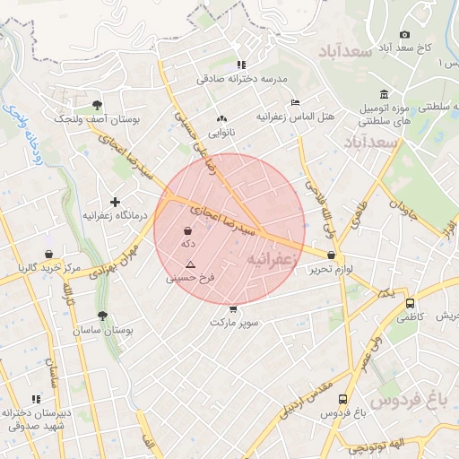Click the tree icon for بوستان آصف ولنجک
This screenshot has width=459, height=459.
[x=97, y=104]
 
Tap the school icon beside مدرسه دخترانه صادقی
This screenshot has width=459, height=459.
[x=241, y=65]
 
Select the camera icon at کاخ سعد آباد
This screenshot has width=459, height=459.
[x=405, y=34]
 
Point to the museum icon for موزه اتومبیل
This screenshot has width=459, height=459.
[x=384, y=95]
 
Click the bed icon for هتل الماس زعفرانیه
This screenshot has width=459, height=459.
[x=296, y=103]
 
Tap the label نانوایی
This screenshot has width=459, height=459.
[x=222, y=132]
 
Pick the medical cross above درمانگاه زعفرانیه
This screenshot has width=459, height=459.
[x=115, y=203]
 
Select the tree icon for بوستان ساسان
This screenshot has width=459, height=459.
[x=103, y=316]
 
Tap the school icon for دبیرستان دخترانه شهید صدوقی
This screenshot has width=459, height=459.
[x=37, y=399]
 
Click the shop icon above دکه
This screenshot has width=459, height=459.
[x=187, y=230]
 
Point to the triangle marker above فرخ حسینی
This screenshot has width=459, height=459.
[x=190, y=265]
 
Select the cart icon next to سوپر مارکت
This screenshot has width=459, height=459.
[x=233, y=309]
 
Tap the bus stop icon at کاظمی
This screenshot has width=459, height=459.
[x=410, y=303]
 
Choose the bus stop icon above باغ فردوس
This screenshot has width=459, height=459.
[x=342, y=400]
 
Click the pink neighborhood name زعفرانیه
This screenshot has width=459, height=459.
[x=270, y=258]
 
